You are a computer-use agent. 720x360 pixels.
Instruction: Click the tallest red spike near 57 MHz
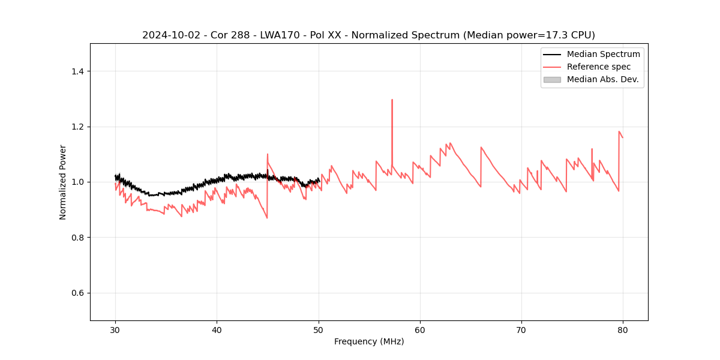pos(392,100)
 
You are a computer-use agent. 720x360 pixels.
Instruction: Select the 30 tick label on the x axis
pos(115,330)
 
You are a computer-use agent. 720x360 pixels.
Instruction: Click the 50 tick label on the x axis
pos(319,330)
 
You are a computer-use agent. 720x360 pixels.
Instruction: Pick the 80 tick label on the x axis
pos(623,330)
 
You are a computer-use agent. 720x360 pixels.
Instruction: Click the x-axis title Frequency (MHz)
pos(369,341)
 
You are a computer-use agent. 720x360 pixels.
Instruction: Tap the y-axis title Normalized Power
pos(62,182)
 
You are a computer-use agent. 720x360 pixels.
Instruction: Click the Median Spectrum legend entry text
pos(603,54)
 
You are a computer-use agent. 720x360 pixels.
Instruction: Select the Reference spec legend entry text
pos(599,67)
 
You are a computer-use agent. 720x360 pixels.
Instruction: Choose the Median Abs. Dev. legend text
pos(602,79)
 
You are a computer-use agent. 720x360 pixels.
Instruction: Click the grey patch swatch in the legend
pos(552,79)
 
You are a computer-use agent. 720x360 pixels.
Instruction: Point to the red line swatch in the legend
pos(552,67)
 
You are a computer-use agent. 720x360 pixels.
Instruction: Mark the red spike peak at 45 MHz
pos(268,154)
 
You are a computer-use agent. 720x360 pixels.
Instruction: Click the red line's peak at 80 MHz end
pos(619,131)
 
